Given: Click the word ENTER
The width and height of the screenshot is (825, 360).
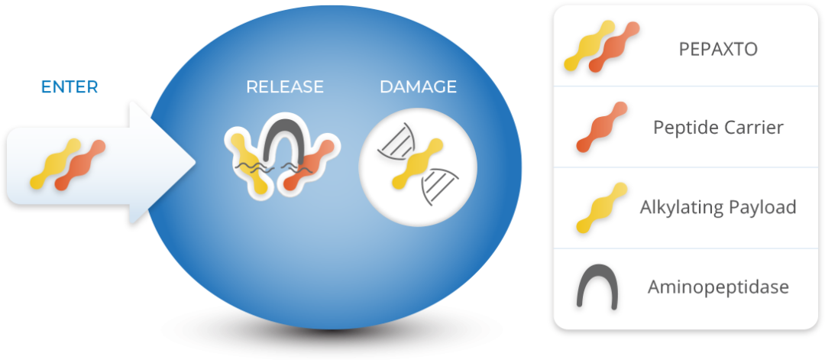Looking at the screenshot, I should [70, 87].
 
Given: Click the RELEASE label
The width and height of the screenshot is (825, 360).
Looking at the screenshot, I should [284, 87].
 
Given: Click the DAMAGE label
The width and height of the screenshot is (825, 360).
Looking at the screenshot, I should [418, 87].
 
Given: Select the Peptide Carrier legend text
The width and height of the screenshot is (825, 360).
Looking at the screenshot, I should [718, 127].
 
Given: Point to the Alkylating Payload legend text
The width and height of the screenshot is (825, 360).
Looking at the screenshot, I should [718, 206].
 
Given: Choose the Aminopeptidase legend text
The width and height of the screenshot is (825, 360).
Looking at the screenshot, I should [718, 287].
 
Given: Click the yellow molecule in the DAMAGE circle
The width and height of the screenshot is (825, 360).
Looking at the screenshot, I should [416, 164].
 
